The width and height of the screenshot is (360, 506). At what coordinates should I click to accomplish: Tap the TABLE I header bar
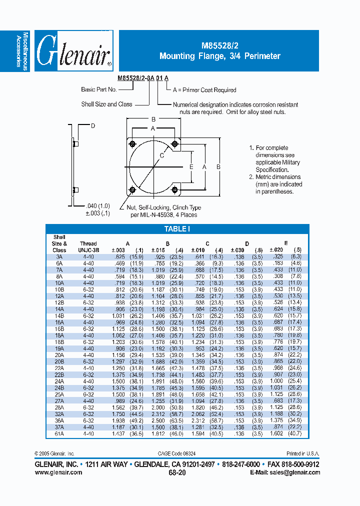coord(177,229)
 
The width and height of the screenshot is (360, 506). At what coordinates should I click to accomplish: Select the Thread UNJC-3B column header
coord(88,246)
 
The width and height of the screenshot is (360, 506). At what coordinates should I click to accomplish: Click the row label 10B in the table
coord(59,289)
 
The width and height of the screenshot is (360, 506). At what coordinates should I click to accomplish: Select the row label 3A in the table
coord(59,256)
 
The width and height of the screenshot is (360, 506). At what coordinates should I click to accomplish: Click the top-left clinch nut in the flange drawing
coord(132,144)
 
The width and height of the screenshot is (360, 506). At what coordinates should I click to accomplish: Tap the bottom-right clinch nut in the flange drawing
coord(174,190)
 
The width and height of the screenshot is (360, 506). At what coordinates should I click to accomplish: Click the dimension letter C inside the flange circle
coord(162,156)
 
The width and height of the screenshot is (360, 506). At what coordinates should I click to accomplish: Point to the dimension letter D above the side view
coord(92,126)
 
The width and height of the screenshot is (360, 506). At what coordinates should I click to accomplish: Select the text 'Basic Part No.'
coord(99,89)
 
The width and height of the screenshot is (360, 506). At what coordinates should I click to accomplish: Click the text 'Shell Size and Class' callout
coord(106,104)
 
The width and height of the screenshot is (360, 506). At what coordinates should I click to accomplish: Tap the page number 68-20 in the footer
coord(177,472)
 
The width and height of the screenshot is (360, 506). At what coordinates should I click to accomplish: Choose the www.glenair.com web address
coord(58,472)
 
